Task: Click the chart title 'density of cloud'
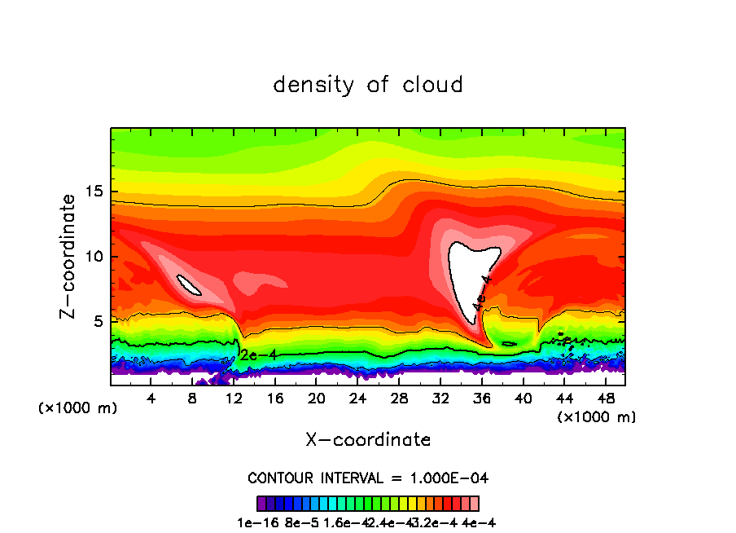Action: [x=368, y=85]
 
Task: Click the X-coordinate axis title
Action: [x=368, y=440]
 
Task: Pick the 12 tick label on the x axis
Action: [x=234, y=398]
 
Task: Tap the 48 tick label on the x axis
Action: [x=604, y=398]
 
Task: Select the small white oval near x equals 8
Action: [x=189, y=284]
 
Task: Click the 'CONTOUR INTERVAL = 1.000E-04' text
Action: [x=368, y=478]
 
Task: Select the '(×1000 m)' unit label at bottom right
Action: [x=597, y=416]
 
